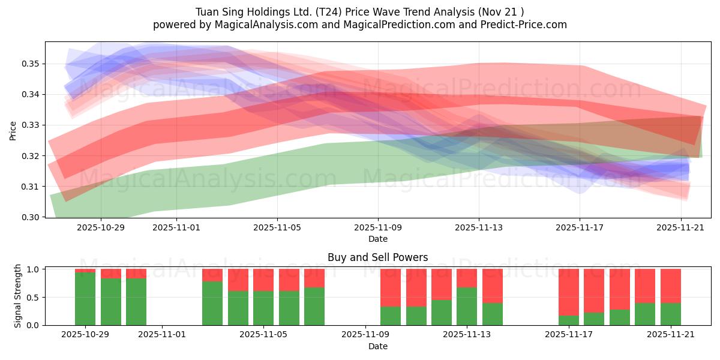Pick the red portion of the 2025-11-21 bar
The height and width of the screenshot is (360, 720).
tap(670, 286)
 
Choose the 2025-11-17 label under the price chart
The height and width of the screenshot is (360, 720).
tap(580, 228)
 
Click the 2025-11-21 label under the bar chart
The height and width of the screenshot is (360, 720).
tap(670, 335)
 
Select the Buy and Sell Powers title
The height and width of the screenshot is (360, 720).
tap(377, 257)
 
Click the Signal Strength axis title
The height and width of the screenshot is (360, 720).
tap(18, 296)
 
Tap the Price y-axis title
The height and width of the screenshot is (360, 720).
tap(13, 130)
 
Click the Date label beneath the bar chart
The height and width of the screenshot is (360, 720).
tap(377, 346)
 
